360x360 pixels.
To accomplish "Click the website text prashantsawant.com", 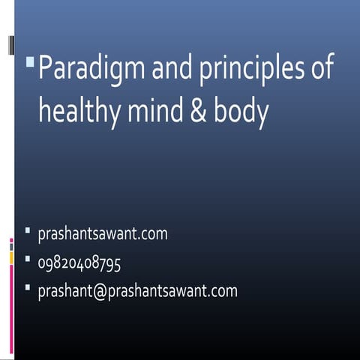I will pos(103,234).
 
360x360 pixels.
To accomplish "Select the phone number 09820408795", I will pos(79,262).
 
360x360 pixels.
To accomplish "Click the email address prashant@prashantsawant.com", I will pos(137,290).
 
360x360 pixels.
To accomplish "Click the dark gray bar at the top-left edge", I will pos(11,46).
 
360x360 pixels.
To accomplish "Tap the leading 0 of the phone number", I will pos(42,262).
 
